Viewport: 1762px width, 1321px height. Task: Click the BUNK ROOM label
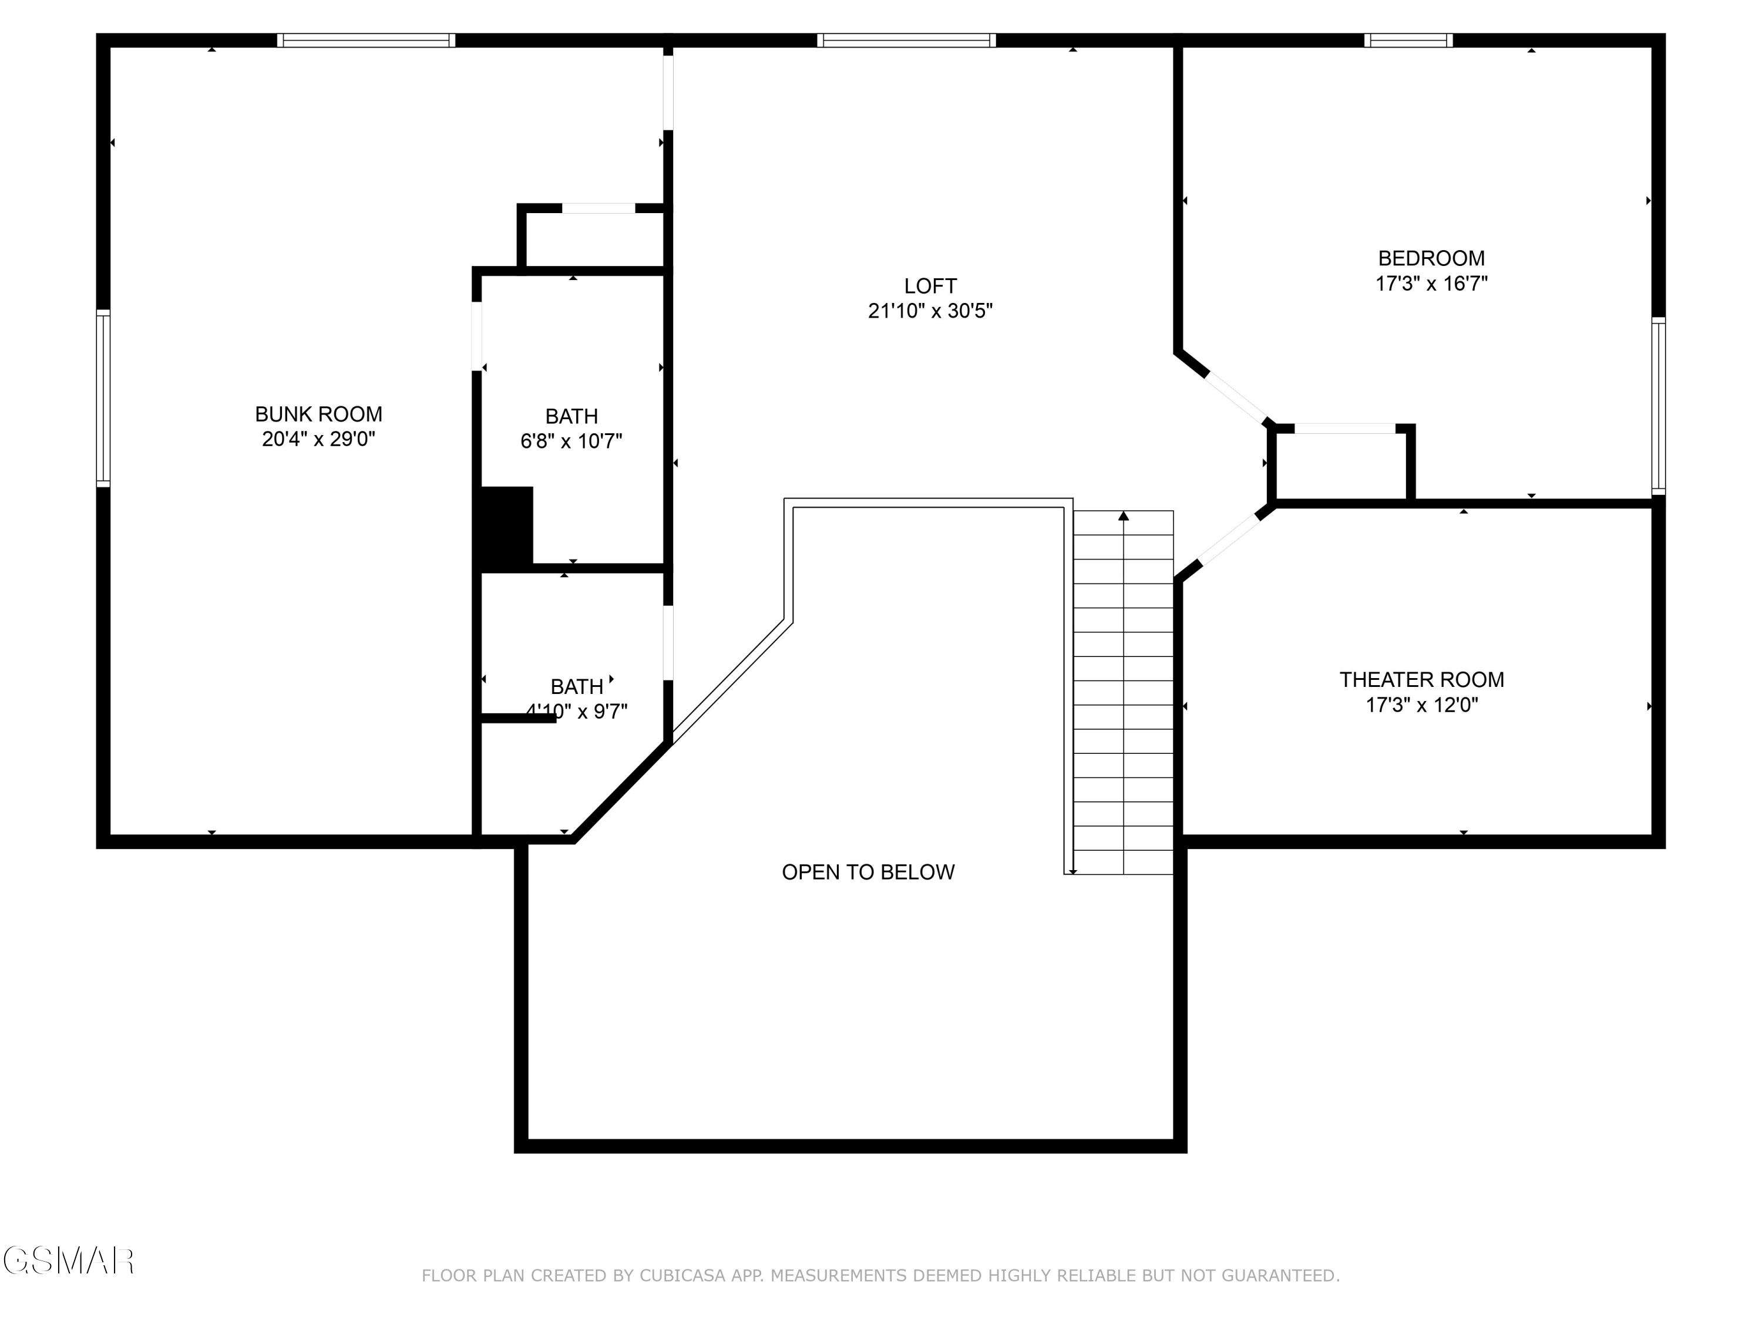click(318, 414)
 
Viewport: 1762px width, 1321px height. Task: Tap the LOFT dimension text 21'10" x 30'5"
click(930, 311)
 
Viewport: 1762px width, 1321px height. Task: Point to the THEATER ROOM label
click(1421, 680)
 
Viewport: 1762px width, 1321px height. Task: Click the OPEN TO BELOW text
click(867, 872)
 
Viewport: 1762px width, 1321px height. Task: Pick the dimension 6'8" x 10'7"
click(571, 441)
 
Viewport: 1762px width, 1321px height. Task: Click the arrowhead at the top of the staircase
click(1123, 516)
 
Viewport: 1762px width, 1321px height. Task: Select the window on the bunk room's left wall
click(103, 397)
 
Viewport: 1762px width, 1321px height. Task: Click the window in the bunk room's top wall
click(366, 41)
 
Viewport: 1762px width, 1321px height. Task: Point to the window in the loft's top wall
click(906, 41)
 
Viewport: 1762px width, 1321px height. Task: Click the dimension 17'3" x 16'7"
click(1431, 284)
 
